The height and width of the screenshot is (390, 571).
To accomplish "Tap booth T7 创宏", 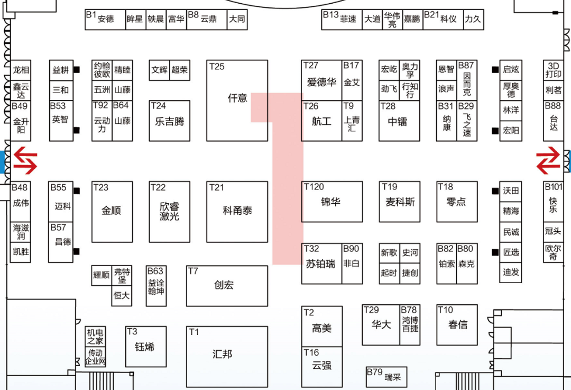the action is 227,286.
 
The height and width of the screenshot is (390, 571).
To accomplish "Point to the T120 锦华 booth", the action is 332,202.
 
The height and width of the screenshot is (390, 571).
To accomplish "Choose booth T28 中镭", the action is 399,121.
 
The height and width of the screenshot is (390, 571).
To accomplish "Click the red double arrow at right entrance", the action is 548,161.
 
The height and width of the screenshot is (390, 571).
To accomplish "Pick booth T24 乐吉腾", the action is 170,121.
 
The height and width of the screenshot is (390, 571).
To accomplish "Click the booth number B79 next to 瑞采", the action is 374,372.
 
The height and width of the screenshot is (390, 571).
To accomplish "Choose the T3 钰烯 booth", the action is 145,347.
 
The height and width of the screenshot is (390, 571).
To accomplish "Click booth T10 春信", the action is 457,325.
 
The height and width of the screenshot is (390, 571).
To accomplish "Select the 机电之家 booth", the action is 96,337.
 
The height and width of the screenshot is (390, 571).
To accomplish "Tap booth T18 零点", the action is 456,202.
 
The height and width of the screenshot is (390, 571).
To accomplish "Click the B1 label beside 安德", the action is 91,15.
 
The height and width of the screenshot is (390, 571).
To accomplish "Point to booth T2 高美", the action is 321,328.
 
